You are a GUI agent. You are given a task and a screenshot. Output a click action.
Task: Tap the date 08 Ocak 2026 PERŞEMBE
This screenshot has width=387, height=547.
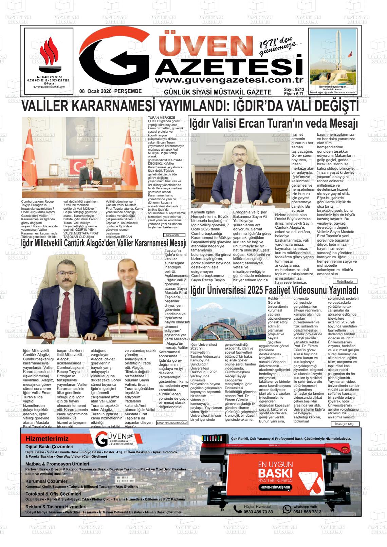(x=110, y=92)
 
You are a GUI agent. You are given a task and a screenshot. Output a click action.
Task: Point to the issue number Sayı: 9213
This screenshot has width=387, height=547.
(x=294, y=90)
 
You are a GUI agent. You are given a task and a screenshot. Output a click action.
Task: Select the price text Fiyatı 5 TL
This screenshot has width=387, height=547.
(x=294, y=94)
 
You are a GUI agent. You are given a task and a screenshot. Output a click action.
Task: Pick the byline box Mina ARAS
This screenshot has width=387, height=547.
(x=174, y=235)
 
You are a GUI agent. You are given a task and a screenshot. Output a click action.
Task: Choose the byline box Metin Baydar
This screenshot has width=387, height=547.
(x=345, y=282)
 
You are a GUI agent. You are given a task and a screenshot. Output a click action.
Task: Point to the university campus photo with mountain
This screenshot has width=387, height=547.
(x=228, y=319)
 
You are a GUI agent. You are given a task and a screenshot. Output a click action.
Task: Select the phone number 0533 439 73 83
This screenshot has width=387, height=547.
(x=258, y=512)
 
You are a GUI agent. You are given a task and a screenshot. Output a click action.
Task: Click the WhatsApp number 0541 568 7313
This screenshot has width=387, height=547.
(x=307, y=512)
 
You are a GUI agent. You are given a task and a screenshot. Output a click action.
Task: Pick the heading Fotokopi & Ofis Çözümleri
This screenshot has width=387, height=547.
(x=53, y=494)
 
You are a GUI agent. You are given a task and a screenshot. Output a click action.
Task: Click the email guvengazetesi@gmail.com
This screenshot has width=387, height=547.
(x=49, y=87)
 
